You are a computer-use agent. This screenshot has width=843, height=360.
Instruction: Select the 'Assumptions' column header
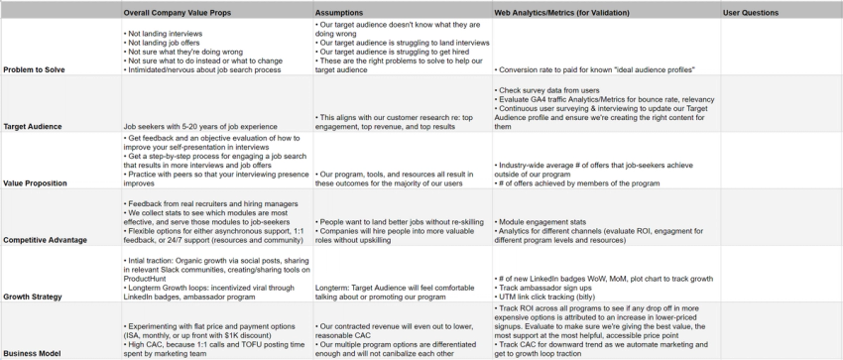tap(339, 13)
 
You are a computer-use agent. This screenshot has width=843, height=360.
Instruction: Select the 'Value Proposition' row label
tap(38, 183)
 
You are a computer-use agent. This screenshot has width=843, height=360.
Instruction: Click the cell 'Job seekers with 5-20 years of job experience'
tap(206, 127)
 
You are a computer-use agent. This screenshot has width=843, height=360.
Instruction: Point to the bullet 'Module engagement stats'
tap(545, 221)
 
